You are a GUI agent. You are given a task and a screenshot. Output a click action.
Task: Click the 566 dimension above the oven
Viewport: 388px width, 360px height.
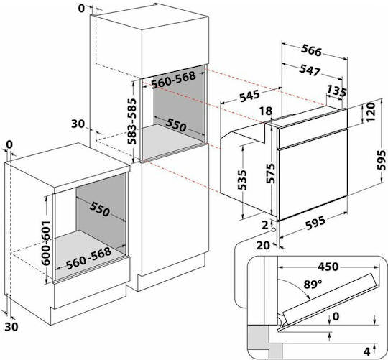point(311,50)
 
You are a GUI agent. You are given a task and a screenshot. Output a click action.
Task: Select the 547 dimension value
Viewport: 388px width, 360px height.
point(310,70)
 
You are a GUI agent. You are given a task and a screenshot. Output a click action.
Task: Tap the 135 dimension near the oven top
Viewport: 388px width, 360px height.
point(336,91)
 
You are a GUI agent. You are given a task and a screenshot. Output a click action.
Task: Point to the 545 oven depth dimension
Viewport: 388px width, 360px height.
point(249,96)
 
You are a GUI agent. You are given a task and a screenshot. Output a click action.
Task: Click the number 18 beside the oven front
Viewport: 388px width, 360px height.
point(266,111)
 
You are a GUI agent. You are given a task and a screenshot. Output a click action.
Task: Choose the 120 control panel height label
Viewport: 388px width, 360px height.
point(371,112)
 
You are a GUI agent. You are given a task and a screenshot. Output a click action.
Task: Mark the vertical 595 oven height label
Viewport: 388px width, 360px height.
point(382,160)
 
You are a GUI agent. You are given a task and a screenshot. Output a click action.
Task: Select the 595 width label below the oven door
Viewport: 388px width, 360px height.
point(315,223)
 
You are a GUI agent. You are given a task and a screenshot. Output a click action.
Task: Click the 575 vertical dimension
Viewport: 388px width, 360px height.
point(270,173)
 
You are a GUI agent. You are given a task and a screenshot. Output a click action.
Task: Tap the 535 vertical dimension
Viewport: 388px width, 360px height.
point(242,180)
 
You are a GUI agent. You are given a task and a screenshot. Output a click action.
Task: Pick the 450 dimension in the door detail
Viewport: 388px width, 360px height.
point(328,267)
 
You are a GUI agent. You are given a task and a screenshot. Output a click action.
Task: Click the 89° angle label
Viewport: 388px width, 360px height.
point(313,285)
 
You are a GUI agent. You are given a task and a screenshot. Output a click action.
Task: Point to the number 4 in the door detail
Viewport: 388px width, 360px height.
point(366,351)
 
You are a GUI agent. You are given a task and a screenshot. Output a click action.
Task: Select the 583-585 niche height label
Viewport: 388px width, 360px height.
point(132,121)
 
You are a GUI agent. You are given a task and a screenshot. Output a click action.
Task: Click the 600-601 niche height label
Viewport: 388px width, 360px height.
point(46,243)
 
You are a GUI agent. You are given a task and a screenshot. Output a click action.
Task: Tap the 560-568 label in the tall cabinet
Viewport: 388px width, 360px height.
point(173,80)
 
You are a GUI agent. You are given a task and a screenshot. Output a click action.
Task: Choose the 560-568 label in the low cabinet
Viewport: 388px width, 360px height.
point(88,258)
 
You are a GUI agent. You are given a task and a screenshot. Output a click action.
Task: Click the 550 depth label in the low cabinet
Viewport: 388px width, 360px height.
point(100,209)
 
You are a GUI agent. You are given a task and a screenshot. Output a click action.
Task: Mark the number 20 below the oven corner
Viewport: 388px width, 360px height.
point(263,246)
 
